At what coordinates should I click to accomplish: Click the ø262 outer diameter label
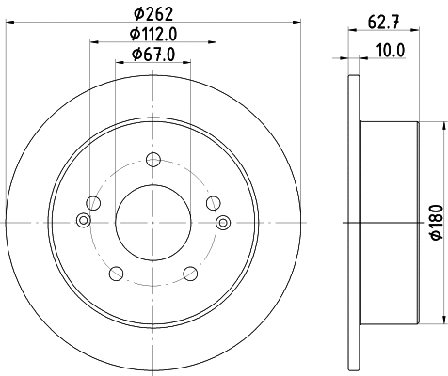coord(152,13)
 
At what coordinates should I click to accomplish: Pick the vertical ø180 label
coord(435,222)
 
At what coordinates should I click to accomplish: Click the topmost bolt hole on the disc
coord(152,160)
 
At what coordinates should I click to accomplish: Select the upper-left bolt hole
coord(91,202)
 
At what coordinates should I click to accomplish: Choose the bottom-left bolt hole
coord(115,273)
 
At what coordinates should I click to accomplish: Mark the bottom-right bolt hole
coord(189,273)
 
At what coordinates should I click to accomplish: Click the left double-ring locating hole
coord(82,222)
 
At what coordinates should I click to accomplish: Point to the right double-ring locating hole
coord(223,222)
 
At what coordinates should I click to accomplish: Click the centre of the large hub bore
coord(152,222)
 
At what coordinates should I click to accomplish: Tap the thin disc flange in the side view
coord(353,222)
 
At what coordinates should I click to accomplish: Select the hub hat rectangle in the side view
coord(388,222)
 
